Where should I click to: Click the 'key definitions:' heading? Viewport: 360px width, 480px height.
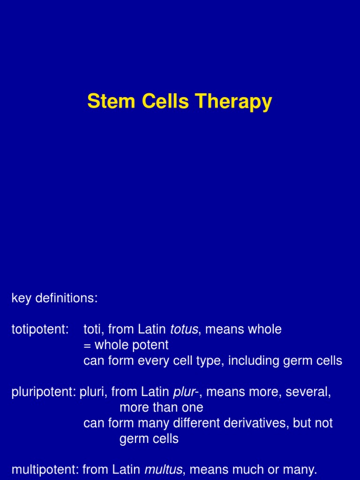tap(54, 299)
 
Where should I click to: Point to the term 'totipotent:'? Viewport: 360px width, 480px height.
tap(40, 330)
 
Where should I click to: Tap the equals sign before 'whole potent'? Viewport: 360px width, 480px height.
tap(87, 345)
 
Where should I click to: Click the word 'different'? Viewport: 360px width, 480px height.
tap(188, 423)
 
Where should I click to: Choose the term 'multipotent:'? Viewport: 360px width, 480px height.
tap(45, 469)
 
